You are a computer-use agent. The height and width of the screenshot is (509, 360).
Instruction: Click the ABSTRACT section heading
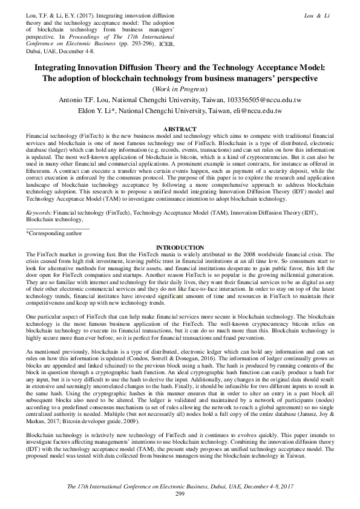pyautogui.click(x=180, y=129)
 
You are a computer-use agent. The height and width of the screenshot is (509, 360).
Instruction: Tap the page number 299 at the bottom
pyautogui.click(x=180, y=494)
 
